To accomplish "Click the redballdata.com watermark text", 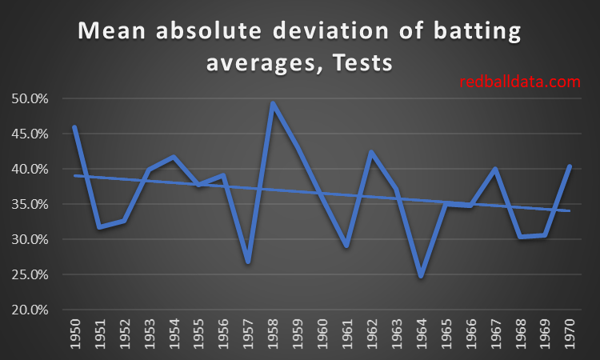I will pos(519,81).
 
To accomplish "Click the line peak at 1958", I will pos(273,103).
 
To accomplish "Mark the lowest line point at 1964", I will pos(421,276).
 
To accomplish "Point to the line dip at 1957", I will pos(248,262).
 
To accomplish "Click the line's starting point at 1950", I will pos(75,126).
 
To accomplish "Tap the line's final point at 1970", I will pos(569,166).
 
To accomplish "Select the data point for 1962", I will pos(371,152).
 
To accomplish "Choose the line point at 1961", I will pos(346,246).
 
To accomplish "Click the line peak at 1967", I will pos(494,169).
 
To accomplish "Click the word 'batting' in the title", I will pos(466,33).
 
